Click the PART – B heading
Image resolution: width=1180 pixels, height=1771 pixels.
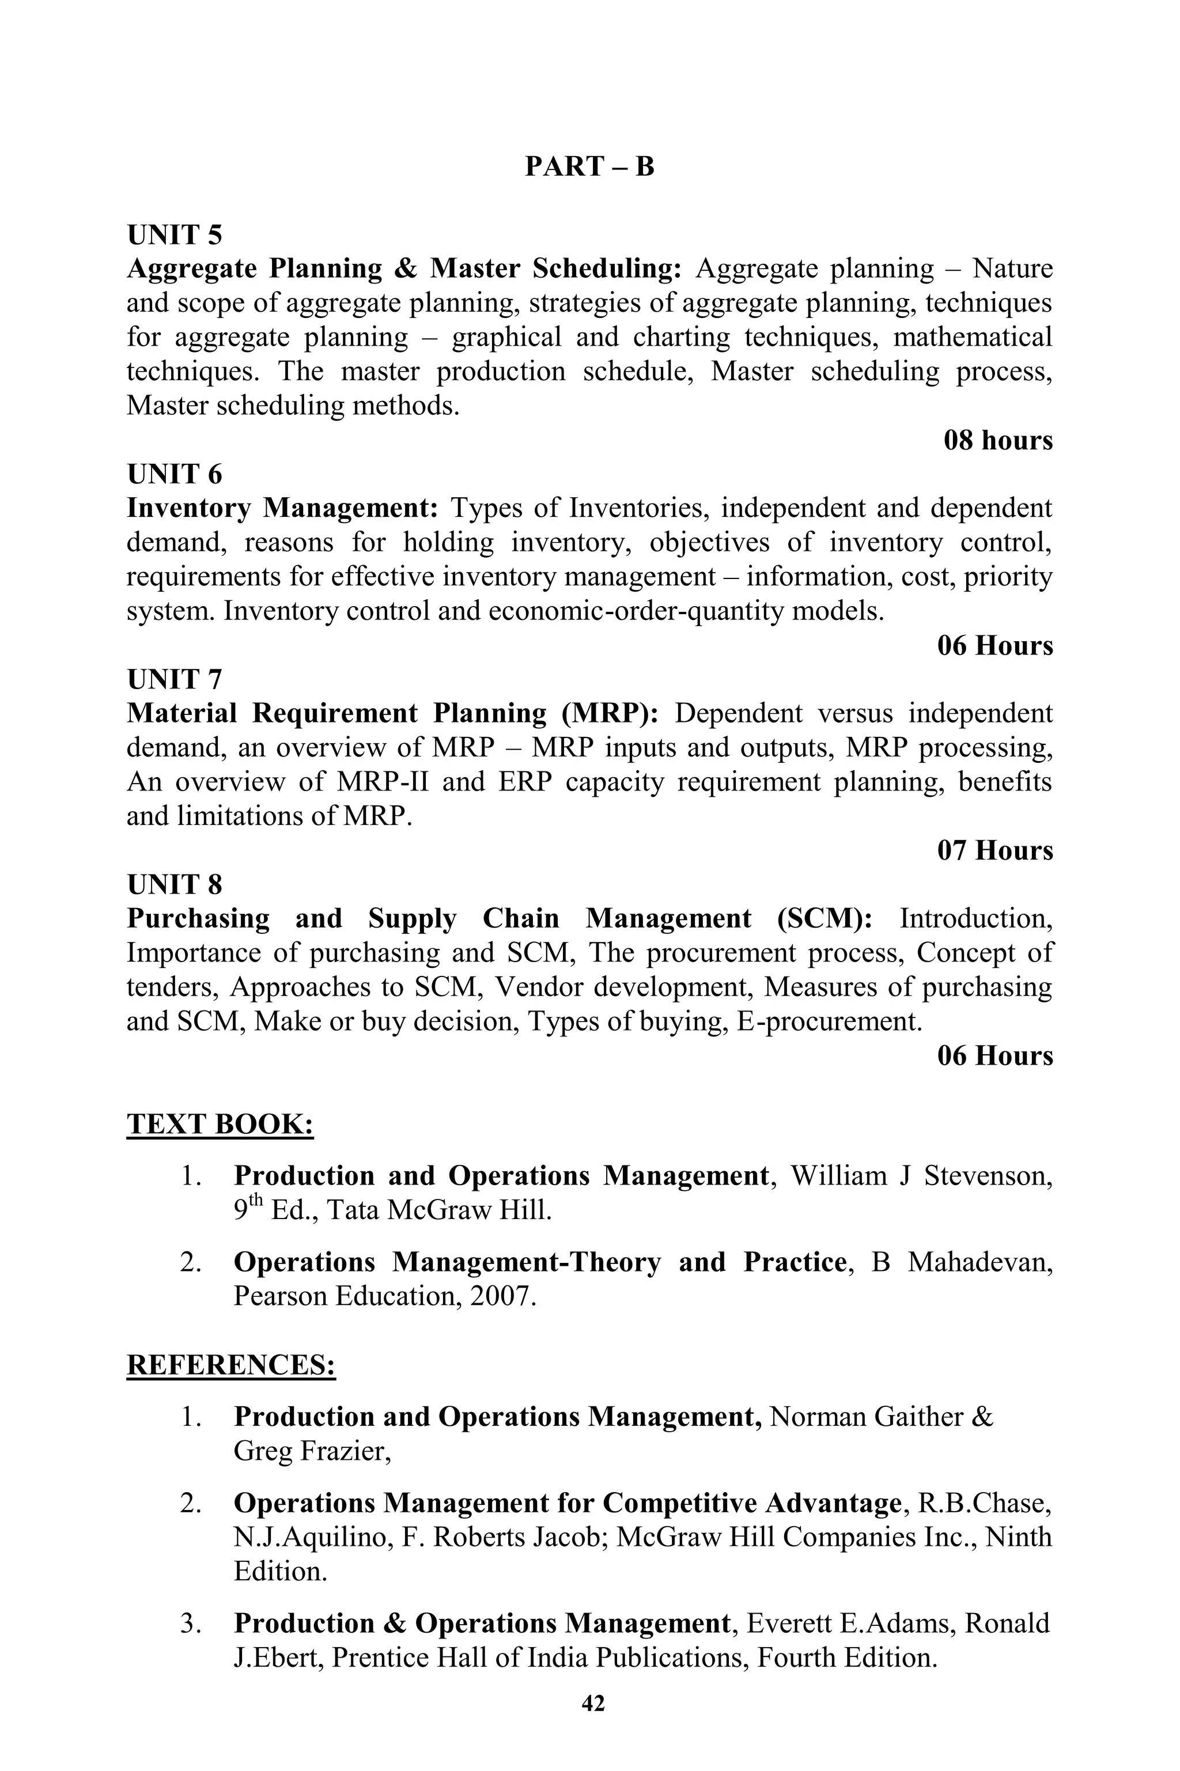click(589, 166)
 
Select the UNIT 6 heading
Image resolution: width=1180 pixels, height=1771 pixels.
click(175, 474)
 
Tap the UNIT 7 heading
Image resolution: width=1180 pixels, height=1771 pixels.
click(175, 679)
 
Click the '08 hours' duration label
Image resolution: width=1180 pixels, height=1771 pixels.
click(998, 440)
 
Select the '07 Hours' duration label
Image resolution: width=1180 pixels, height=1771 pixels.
click(995, 850)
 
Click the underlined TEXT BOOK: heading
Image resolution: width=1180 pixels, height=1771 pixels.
click(220, 1124)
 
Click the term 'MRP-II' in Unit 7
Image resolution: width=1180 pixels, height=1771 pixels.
click(383, 782)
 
